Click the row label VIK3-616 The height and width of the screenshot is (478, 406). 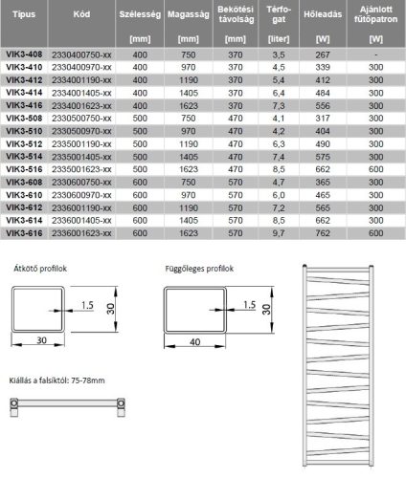(x=25, y=231)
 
